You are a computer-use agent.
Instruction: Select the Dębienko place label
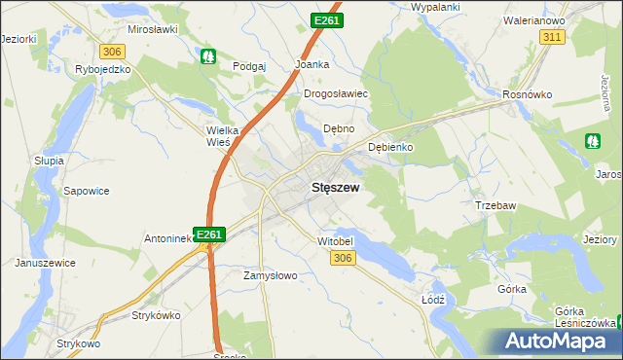pos(391,147)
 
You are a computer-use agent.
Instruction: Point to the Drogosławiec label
pos(335,93)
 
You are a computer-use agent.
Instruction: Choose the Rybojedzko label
pos(102,70)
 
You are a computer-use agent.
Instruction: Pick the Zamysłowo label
pos(270,275)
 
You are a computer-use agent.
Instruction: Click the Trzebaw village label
pos(495,205)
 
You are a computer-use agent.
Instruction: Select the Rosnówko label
pos(527,94)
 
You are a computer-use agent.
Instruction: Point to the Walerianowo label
pos(534,19)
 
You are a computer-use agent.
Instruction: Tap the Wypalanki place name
pos(435,7)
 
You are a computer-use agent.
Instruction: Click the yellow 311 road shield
pos(552,36)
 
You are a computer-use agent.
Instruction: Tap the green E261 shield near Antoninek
pos(210,234)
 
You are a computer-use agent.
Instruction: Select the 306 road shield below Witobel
pos(342,257)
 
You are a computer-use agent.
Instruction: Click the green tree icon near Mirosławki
pos(207,56)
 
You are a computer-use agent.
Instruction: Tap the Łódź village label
pos(433,300)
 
